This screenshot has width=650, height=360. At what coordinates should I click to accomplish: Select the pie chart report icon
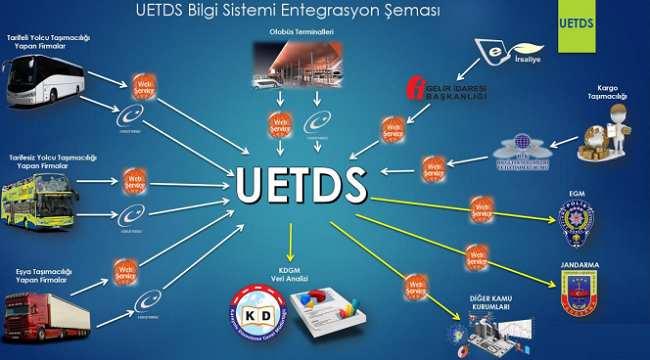point(330,309)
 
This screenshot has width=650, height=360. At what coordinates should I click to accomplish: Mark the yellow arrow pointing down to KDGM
point(289,240)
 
